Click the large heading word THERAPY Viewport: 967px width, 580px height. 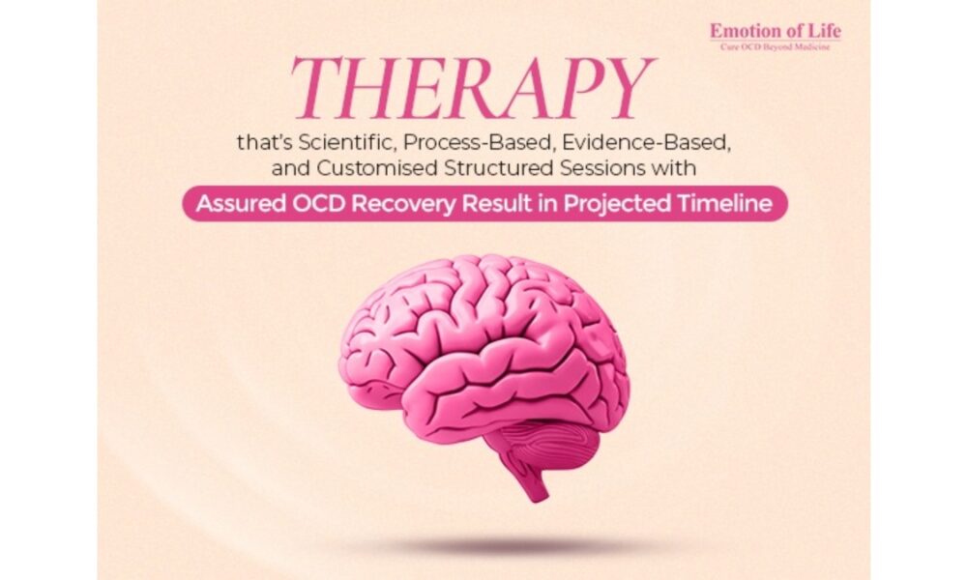click(x=472, y=89)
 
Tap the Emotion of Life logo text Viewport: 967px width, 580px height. click(x=776, y=30)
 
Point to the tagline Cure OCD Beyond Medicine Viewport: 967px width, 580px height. click(x=776, y=46)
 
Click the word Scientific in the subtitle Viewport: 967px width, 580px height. click(x=346, y=142)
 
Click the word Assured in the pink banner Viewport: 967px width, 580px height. click(x=241, y=203)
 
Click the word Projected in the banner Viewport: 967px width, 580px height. click(x=618, y=204)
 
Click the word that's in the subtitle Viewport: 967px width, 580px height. click(x=265, y=142)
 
